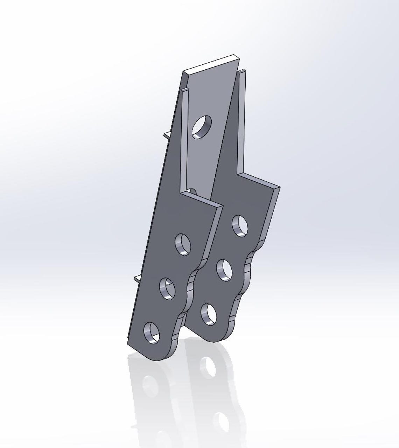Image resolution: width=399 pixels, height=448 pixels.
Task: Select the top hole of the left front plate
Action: click(x=183, y=244)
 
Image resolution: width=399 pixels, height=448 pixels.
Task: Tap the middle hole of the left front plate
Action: click(x=168, y=288)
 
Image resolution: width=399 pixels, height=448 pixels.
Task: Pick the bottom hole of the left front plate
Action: click(x=152, y=332)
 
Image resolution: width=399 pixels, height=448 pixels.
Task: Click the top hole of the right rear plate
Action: click(x=240, y=226)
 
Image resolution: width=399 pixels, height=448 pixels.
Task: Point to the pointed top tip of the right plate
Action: click(x=242, y=72)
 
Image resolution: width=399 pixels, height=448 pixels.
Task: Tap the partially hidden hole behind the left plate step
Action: click(x=192, y=191)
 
